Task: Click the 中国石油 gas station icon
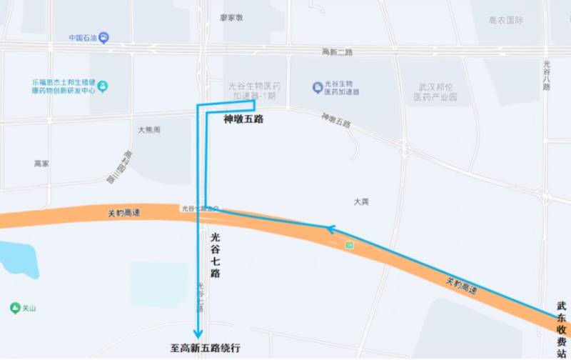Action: click(x=104, y=37)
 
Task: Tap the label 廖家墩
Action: click(x=231, y=18)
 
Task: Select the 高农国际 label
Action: click(x=506, y=21)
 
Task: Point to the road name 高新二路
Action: click(x=338, y=51)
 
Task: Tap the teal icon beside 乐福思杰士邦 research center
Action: click(x=103, y=86)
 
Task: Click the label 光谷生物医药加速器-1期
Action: click(x=251, y=91)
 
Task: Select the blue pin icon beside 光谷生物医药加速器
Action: click(x=318, y=87)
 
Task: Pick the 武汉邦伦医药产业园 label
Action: click(x=437, y=91)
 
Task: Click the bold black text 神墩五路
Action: click(x=243, y=119)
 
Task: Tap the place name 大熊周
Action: click(x=149, y=130)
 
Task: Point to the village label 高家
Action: click(x=41, y=164)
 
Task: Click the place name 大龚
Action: click(x=361, y=202)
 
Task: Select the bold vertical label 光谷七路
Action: click(x=215, y=254)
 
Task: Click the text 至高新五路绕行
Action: click(x=205, y=349)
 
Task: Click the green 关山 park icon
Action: click(x=15, y=308)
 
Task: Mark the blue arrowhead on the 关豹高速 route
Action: click(x=330, y=229)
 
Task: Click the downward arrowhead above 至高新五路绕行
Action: click(x=198, y=333)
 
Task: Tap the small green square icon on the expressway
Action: click(x=349, y=245)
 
